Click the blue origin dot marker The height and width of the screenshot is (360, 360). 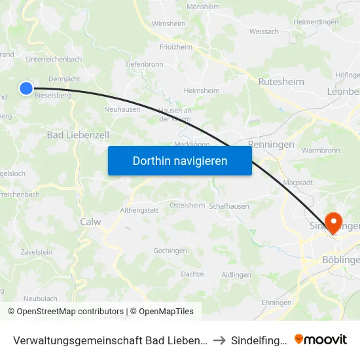[26, 88]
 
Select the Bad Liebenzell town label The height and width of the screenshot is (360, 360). [78, 135]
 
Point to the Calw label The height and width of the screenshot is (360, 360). [90, 222]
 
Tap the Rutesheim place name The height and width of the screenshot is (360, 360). [281, 82]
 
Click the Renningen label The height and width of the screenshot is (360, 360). [271, 145]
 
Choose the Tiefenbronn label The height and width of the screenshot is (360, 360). [144, 64]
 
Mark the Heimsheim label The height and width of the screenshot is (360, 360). [202, 90]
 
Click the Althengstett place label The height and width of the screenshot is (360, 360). [139, 210]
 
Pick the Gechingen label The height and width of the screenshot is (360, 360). [170, 251]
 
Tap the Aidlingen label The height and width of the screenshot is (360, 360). [236, 274]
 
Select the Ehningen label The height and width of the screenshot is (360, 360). [276, 302]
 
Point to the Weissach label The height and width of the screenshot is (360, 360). [264, 31]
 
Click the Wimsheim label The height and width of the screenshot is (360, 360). [168, 24]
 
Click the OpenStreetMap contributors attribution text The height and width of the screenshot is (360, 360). [70, 312]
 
